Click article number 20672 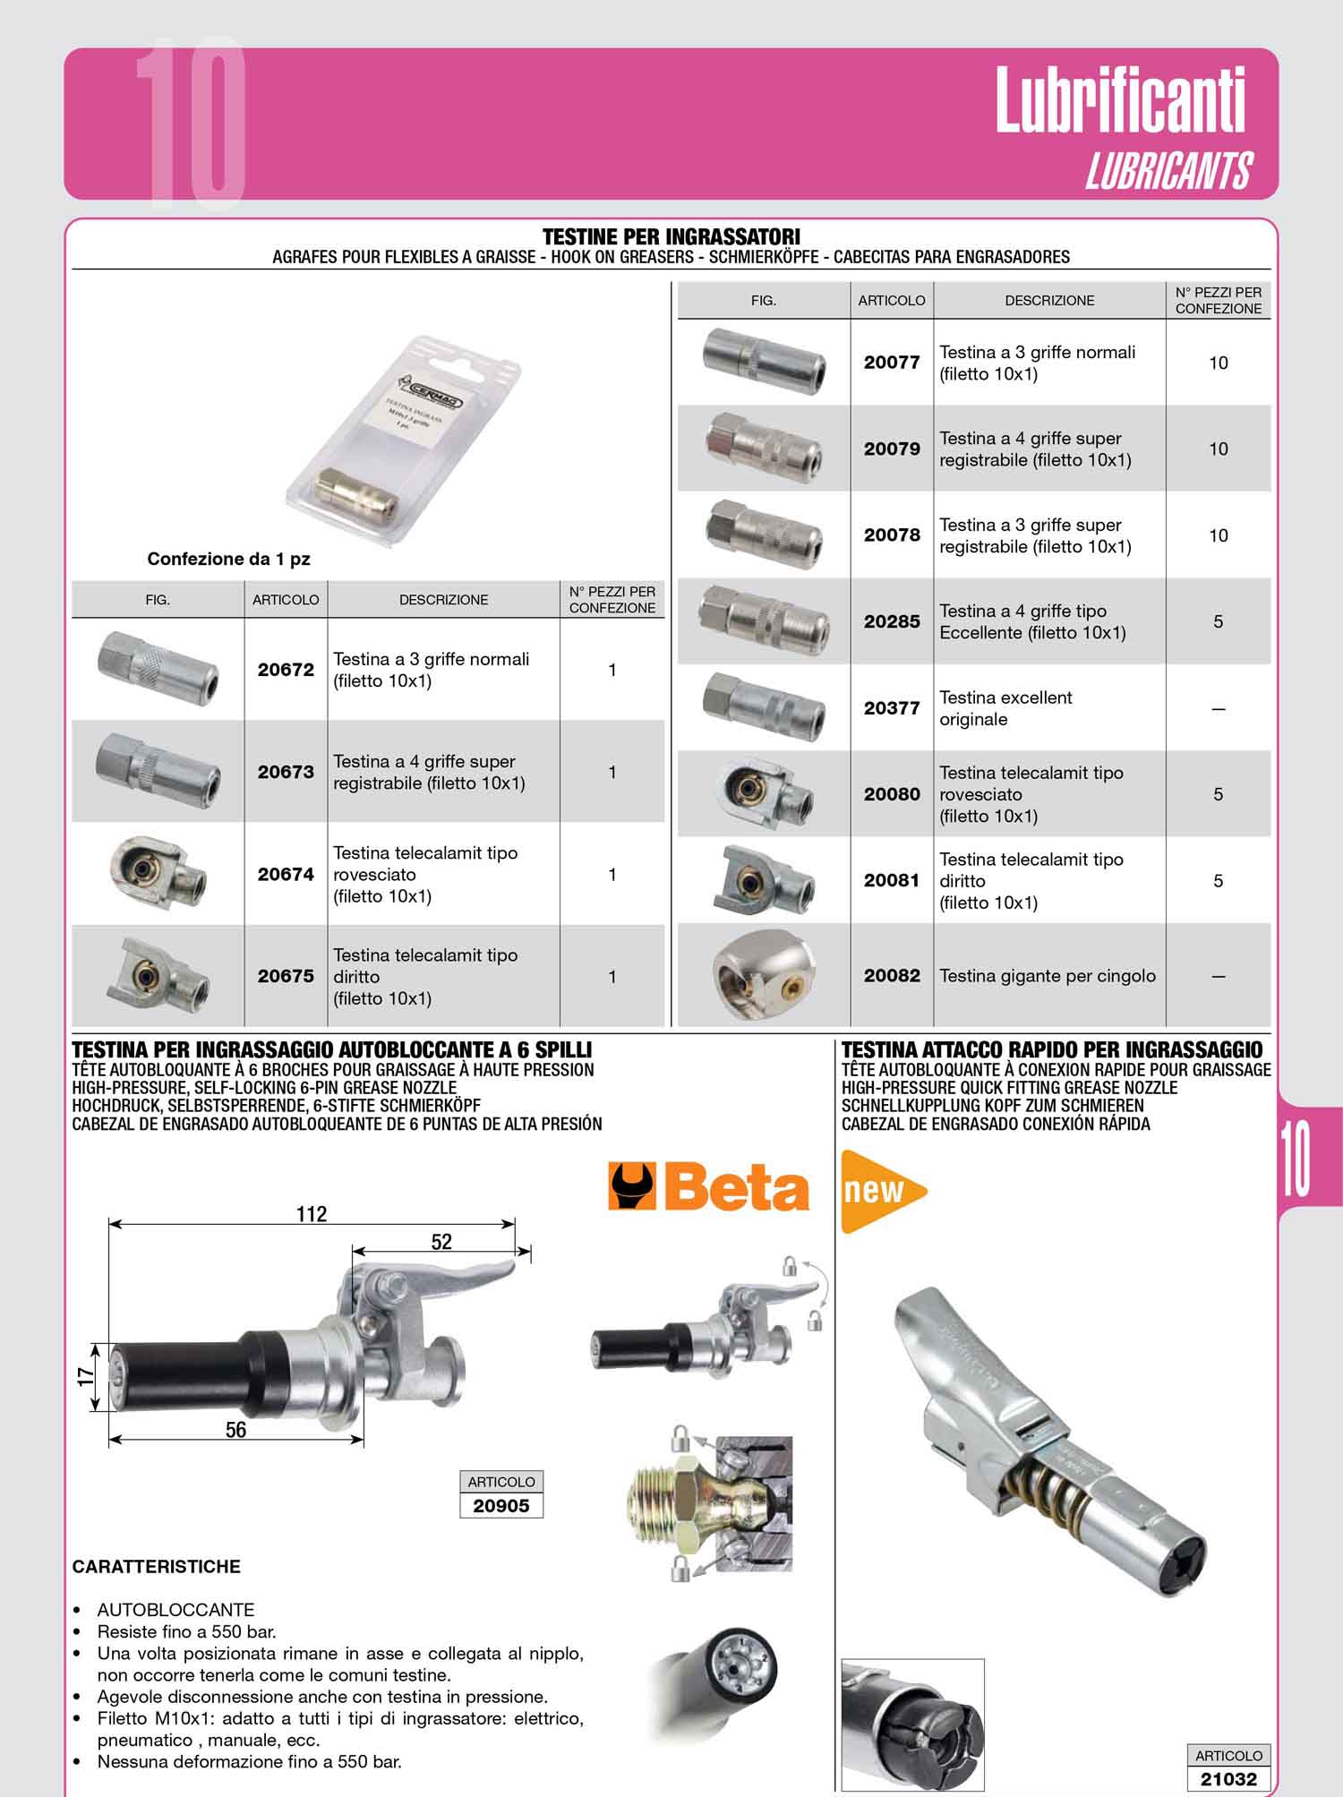pos(286,670)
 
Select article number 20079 pos(892,449)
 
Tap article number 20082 pos(892,976)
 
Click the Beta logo pos(709,1186)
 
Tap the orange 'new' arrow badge pos(883,1192)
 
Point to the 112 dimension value pos(312,1214)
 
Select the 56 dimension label pos(235,1430)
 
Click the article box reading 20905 pos(501,1506)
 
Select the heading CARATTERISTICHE pos(157,1567)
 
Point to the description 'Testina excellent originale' pos(1005,708)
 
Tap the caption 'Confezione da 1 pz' pos(228,559)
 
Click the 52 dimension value pos(441,1242)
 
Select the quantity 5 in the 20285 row pos(1218,621)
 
